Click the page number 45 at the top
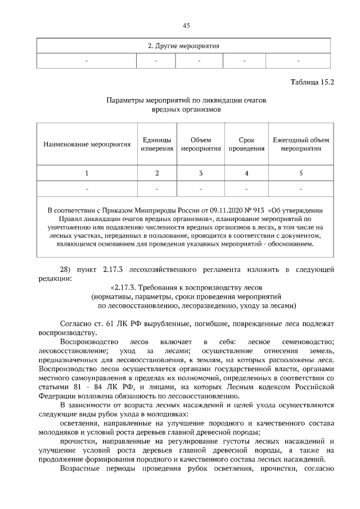(186, 25)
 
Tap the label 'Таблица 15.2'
(312, 82)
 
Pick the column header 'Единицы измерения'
(157, 145)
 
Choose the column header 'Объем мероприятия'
(201, 145)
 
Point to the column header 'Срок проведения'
(246, 145)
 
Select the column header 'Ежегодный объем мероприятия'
(301, 145)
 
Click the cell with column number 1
(87, 173)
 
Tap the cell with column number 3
(201, 173)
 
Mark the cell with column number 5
(301, 173)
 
